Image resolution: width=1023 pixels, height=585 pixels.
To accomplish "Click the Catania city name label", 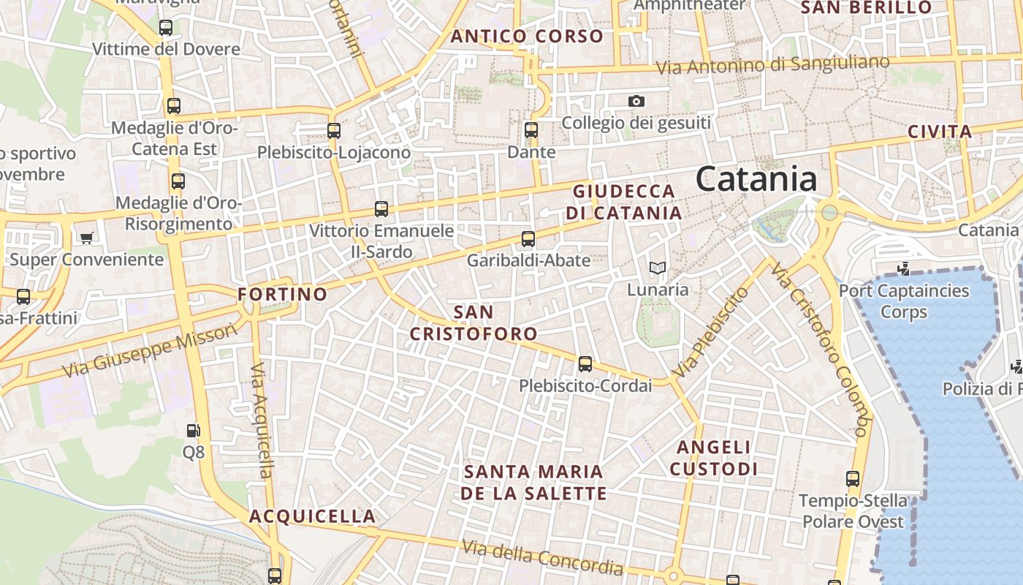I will point(756,179).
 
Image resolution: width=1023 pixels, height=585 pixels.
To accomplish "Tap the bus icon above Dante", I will point(531,130).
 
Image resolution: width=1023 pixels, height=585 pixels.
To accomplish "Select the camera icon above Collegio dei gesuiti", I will point(636,101).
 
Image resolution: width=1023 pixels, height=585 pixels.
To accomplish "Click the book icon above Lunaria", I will point(658,268).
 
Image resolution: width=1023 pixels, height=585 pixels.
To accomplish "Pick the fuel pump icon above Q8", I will point(193,431).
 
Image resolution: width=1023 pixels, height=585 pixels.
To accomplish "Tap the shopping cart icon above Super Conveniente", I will point(86,238).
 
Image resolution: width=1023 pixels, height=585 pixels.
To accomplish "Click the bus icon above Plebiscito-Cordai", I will point(585,363).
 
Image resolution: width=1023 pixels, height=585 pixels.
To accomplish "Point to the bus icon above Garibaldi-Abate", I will point(528,238).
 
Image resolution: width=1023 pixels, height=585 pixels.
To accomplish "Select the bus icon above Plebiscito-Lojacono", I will point(334,131).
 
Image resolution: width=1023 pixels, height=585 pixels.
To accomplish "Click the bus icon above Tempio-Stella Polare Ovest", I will point(852,479).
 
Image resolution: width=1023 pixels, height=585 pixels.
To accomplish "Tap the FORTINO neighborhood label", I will point(283,295).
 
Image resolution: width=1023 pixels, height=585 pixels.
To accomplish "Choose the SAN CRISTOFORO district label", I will point(474,323).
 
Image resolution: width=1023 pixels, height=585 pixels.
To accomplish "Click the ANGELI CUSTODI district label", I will point(714,458).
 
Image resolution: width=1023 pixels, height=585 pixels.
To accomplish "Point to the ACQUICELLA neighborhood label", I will point(313,516).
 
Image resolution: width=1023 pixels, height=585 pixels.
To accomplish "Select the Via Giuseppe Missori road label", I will point(150,351).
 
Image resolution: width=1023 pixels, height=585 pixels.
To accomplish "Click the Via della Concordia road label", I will point(542,557).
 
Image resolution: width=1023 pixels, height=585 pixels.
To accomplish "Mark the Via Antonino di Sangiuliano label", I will point(772,66).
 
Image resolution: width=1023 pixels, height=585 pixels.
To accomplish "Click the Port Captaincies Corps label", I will point(904,301).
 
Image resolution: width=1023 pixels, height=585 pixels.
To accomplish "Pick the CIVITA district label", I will point(940,132).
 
